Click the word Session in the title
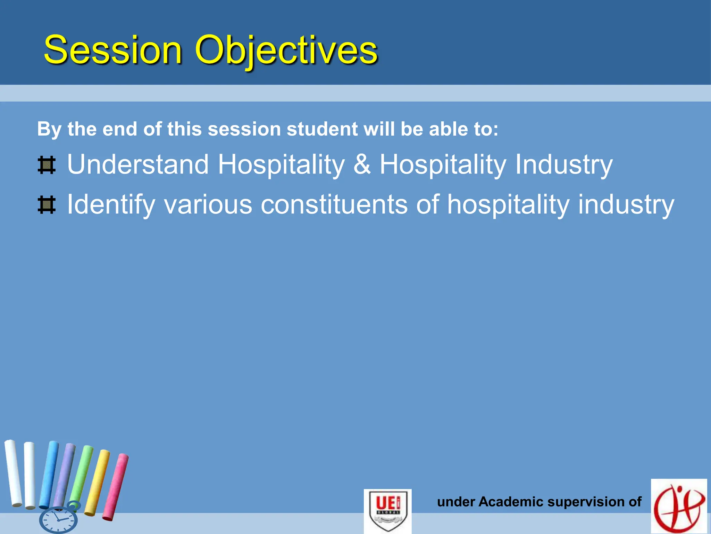(113, 50)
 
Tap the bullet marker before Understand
(47, 165)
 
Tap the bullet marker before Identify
(47, 205)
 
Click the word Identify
(111, 205)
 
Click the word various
(208, 205)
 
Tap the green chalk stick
(82, 473)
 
